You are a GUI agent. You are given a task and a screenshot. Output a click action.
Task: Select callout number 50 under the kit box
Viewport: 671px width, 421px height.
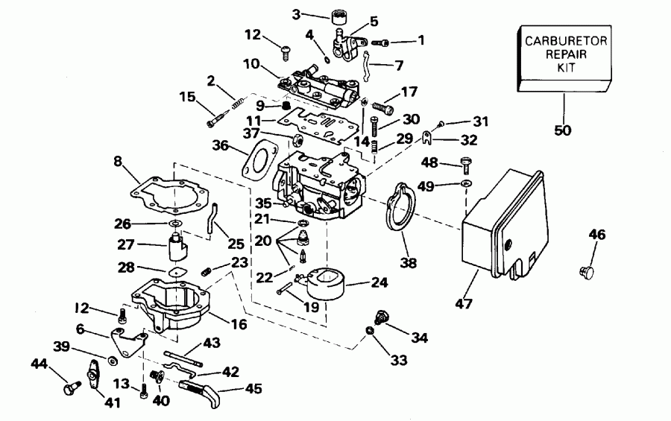pos(564,130)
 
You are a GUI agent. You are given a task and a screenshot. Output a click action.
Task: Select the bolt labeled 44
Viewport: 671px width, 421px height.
pos(73,387)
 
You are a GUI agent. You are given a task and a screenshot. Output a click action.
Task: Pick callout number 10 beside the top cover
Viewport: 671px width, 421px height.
pos(252,66)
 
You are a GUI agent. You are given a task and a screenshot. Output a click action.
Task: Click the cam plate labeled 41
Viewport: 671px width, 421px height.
pos(93,373)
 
